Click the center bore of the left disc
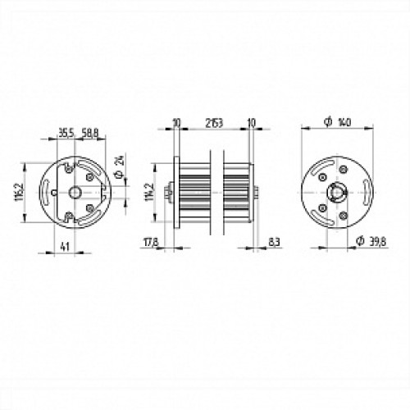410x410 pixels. coord(75,192)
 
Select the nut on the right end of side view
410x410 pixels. coord(258,194)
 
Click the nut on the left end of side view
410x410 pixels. coord(168,194)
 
